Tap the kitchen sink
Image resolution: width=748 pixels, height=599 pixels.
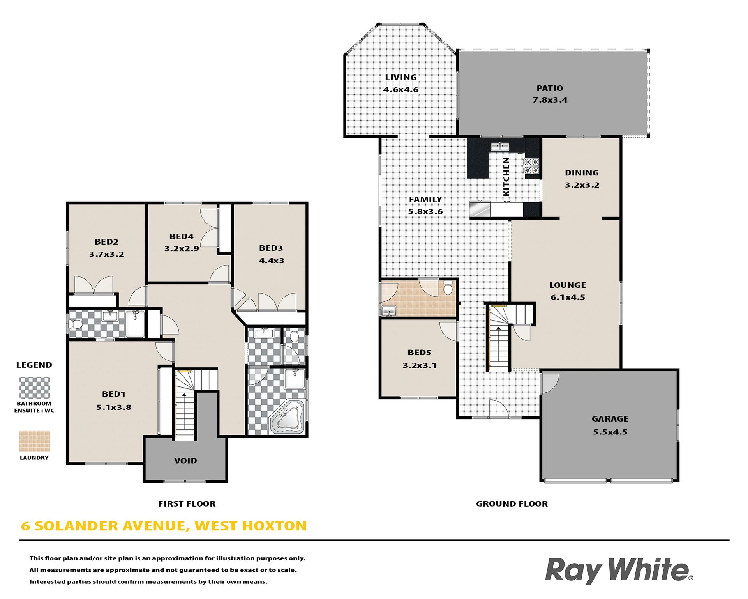[500, 146]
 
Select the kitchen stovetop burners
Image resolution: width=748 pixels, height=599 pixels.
[532, 166]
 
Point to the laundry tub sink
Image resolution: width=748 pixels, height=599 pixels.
[388, 311]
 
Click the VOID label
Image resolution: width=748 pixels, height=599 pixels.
[185, 461]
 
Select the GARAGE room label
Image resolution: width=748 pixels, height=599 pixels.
[610, 419]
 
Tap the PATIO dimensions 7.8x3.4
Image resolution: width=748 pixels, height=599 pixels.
[550, 100]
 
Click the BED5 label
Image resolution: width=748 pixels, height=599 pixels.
[419, 353]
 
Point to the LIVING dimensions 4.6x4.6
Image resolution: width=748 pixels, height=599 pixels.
[401, 89]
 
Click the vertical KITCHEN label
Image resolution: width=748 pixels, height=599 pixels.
[506, 177]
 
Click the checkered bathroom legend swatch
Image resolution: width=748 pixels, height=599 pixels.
[35, 388]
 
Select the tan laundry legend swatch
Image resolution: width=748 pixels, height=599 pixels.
[35, 441]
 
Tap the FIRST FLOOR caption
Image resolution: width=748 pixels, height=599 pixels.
[187, 504]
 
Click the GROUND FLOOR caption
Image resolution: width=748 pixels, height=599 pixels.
[512, 504]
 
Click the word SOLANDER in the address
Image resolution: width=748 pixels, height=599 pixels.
[76, 526]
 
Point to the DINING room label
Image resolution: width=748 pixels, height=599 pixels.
[582, 173]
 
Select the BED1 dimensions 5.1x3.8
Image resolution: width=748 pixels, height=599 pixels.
[114, 408]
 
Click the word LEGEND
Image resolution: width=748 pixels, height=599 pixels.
[34, 365]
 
